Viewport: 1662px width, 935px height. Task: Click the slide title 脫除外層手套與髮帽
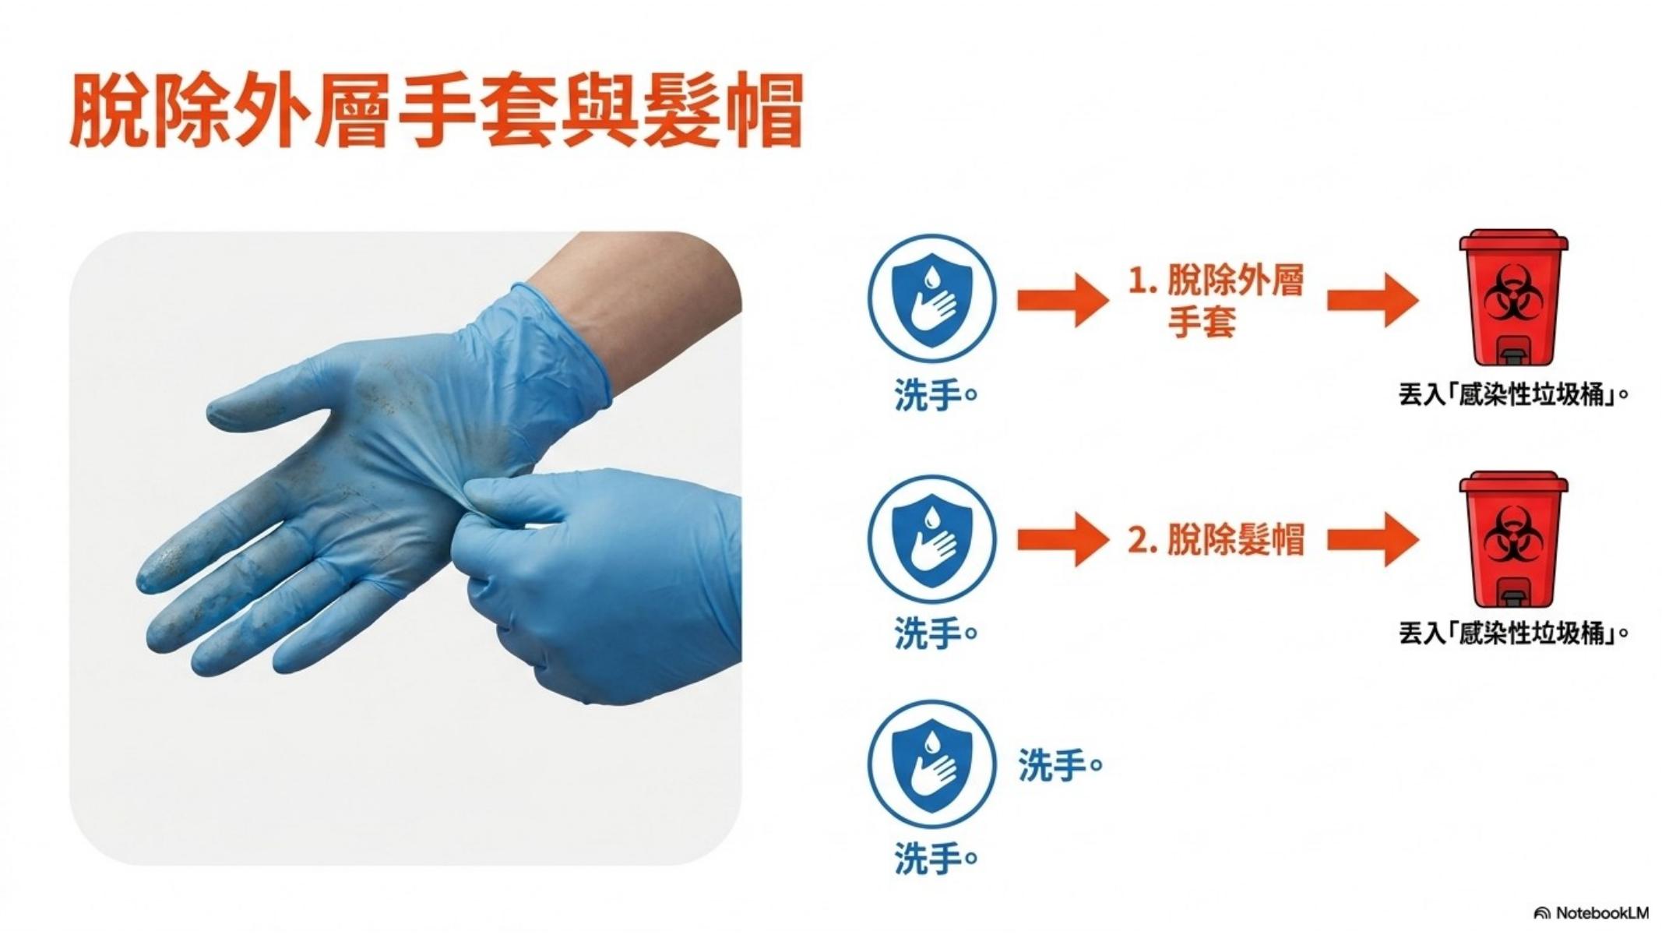(436, 111)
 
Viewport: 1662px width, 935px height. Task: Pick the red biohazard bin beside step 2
(1512, 539)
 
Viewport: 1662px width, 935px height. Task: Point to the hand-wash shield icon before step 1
(932, 301)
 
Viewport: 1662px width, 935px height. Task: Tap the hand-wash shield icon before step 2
(932, 539)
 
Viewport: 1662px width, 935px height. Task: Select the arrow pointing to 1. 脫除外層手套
(1062, 300)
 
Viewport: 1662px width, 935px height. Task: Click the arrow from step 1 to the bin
(1372, 300)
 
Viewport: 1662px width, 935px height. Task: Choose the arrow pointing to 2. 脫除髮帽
(1062, 539)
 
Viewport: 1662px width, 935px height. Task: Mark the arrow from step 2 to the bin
(1372, 539)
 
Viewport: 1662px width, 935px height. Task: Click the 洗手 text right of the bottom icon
(1061, 766)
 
